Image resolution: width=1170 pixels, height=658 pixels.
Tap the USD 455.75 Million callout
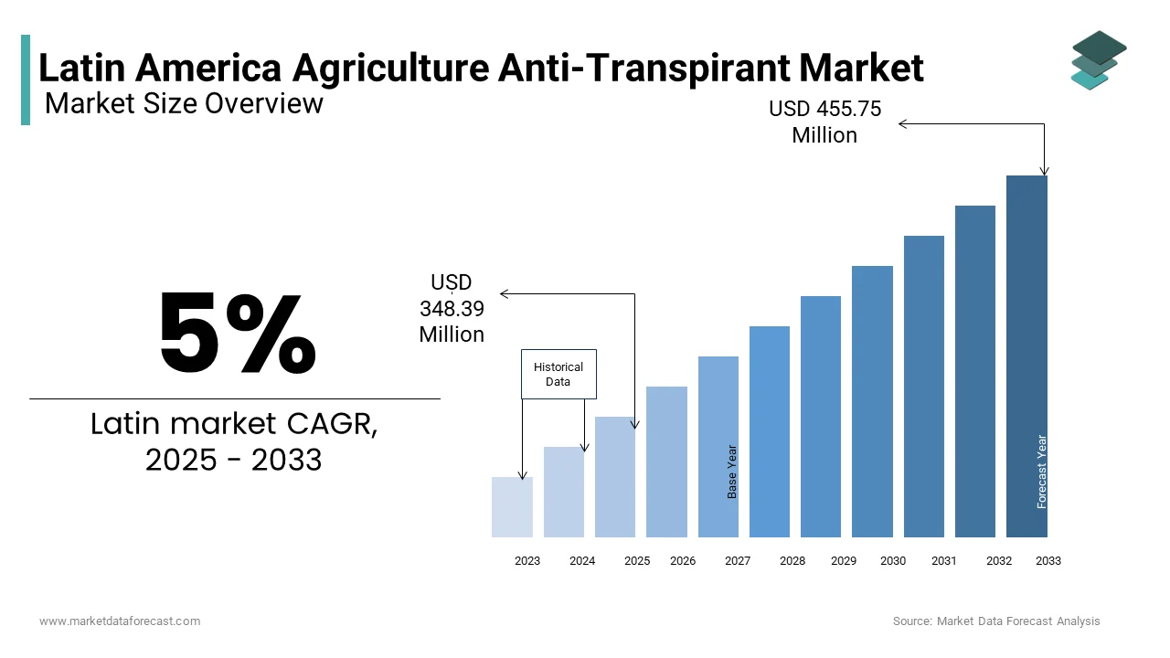[824, 122]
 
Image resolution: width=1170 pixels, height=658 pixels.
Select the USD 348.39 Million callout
[452, 309]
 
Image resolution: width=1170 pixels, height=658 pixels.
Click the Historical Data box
[558, 374]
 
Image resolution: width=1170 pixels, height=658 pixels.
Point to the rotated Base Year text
[732, 472]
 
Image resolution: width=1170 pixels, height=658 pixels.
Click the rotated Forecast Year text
[1041, 472]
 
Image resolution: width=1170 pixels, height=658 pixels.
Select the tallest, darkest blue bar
[1026, 356]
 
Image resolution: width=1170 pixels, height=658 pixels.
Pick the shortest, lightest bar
[512, 507]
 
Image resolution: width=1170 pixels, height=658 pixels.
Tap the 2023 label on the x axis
[527, 561]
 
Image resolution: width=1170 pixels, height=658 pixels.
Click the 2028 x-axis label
[792, 561]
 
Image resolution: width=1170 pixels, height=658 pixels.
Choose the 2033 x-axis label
[1048, 561]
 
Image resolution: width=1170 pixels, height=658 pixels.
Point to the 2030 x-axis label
[893, 561]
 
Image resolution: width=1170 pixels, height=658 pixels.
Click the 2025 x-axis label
[637, 561]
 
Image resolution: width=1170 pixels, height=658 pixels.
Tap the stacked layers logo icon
[1099, 59]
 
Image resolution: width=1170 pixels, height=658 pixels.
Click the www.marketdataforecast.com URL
[120, 621]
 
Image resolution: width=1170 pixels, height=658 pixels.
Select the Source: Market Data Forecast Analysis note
[996, 621]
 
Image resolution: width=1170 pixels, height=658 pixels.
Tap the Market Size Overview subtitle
[184, 104]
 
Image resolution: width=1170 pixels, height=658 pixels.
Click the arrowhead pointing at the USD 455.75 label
[903, 124]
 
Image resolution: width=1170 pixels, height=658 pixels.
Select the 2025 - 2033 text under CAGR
[234, 460]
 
